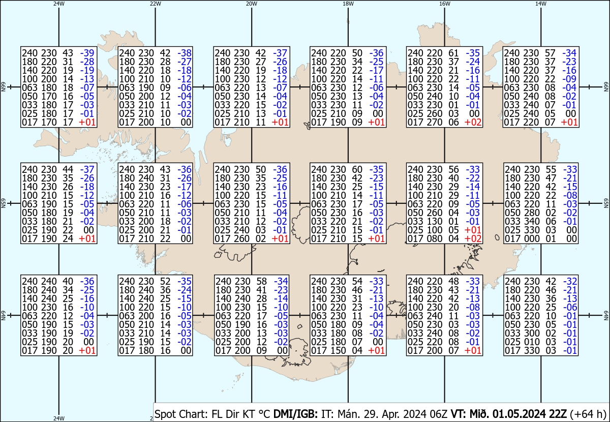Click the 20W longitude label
[x=251, y=4]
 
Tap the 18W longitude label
[x=348, y=4]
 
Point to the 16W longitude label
[x=444, y=4]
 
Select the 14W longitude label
[x=541, y=4]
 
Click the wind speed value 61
[x=453, y=53]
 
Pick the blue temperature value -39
[x=87, y=53]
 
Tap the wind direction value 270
[x=434, y=122]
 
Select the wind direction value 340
[x=532, y=221]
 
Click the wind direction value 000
[x=532, y=238]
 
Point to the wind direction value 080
[x=434, y=238]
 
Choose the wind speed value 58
[x=261, y=281]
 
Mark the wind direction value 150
[x=338, y=350]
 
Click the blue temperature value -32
[x=570, y=281]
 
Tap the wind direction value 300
[x=532, y=333]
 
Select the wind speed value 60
[x=357, y=169]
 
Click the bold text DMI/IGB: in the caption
[x=295, y=414]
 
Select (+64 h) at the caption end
[x=588, y=414]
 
